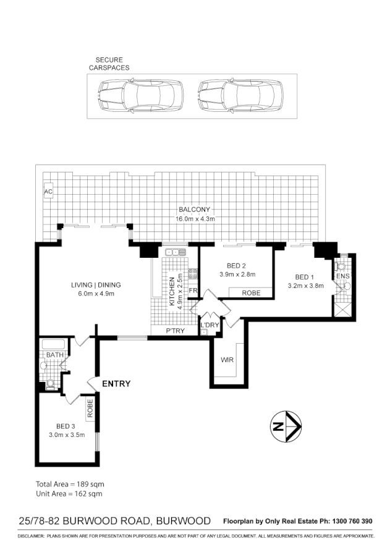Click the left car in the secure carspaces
click(x=141, y=96)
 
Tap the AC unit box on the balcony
click(x=48, y=192)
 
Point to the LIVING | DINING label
click(x=95, y=285)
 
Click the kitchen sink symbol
click(x=176, y=252)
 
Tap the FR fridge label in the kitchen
click(x=193, y=291)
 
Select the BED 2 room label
click(x=238, y=266)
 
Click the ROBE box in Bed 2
click(x=251, y=292)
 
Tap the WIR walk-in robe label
click(x=226, y=359)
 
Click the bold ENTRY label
click(x=116, y=384)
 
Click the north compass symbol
click(x=286, y=427)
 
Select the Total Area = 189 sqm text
click(x=69, y=483)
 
